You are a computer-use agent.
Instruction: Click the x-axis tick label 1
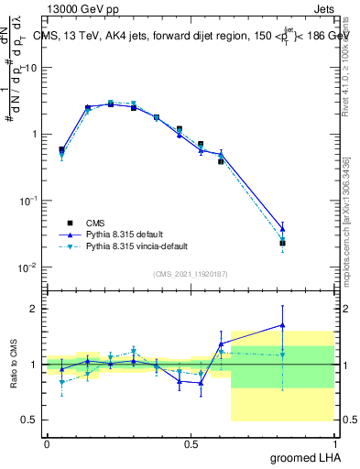[334, 444]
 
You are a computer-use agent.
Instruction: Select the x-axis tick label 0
[47, 444]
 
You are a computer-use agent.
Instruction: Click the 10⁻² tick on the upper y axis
[27, 267]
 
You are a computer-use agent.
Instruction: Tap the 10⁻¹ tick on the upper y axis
[27, 200]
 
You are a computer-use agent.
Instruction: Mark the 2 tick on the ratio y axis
[34, 309]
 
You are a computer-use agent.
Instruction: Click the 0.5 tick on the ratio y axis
[30, 420]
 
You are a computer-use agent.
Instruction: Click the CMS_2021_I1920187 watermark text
[191, 273]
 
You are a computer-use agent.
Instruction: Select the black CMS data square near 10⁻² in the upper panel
[282, 243]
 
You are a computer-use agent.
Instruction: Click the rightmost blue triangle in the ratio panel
[282, 325]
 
